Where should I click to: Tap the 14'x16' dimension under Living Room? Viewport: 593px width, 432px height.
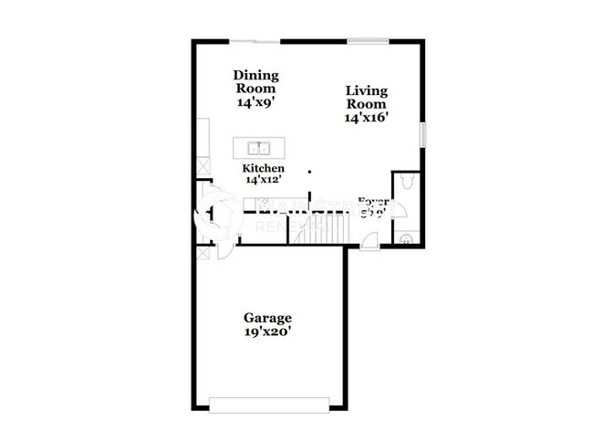(366, 118)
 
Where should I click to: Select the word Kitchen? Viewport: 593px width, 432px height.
(263, 169)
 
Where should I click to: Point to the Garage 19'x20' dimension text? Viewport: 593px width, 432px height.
(267, 333)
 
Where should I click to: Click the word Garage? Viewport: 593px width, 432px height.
(267, 318)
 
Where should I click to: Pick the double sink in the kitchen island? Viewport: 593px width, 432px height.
(258, 148)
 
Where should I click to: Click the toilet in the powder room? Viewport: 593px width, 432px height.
(408, 184)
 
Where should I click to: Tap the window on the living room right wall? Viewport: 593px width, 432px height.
(422, 134)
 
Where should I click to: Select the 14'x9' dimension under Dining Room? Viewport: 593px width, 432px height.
(255, 104)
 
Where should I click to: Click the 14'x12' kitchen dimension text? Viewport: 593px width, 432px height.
(263, 181)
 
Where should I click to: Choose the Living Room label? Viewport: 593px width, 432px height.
(366, 97)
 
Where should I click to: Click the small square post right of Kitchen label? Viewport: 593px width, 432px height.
(309, 171)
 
